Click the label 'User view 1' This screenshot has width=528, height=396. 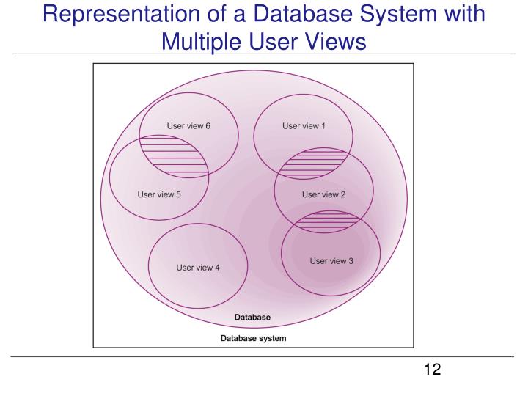[304, 125]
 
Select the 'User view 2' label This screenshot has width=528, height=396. [323, 194]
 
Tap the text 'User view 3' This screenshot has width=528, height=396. [331, 260]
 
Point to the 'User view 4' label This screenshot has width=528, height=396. [198, 268]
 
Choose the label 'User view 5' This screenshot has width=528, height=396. [159, 194]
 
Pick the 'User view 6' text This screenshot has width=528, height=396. [188, 125]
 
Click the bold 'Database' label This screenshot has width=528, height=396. [252, 318]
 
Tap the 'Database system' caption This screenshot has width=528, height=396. [254, 338]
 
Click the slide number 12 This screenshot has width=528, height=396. [432, 369]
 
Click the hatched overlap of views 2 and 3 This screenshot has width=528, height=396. [331, 221]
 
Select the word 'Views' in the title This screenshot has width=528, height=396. [334, 43]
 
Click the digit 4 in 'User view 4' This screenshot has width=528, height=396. [217, 268]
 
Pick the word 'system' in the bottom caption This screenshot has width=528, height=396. [272, 338]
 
